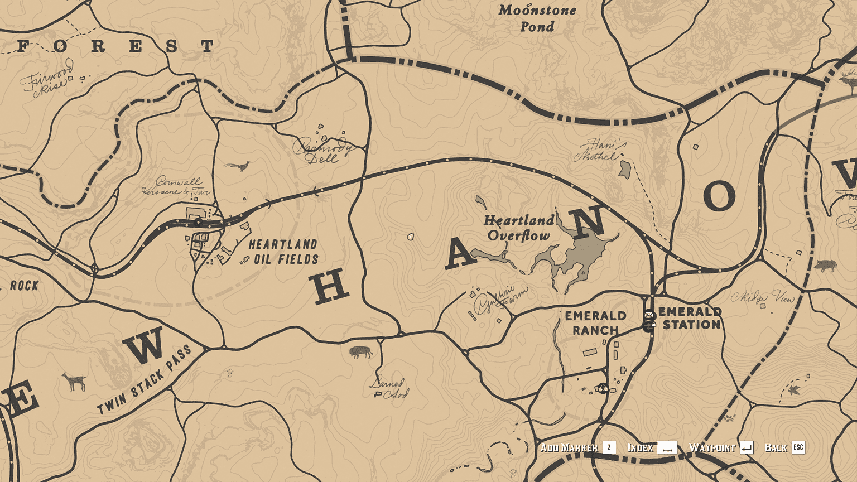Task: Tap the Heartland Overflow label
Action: pyautogui.click(x=519, y=228)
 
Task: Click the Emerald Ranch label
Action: pyautogui.click(x=595, y=323)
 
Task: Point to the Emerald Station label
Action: pyautogui.click(x=691, y=318)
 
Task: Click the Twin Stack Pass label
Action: pyautogui.click(x=145, y=379)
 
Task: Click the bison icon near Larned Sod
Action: pyautogui.click(x=360, y=352)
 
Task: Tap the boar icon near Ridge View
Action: pyautogui.click(x=825, y=265)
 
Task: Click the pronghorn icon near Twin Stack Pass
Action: pyautogui.click(x=74, y=382)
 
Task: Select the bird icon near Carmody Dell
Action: pyautogui.click(x=238, y=166)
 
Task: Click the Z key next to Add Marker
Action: pyautogui.click(x=609, y=447)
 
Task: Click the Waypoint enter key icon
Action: pyautogui.click(x=747, y=447)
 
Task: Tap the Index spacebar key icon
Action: pyautogui.click(x=667, y=447)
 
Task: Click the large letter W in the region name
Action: pyautogui.click(x=144, y=345)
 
